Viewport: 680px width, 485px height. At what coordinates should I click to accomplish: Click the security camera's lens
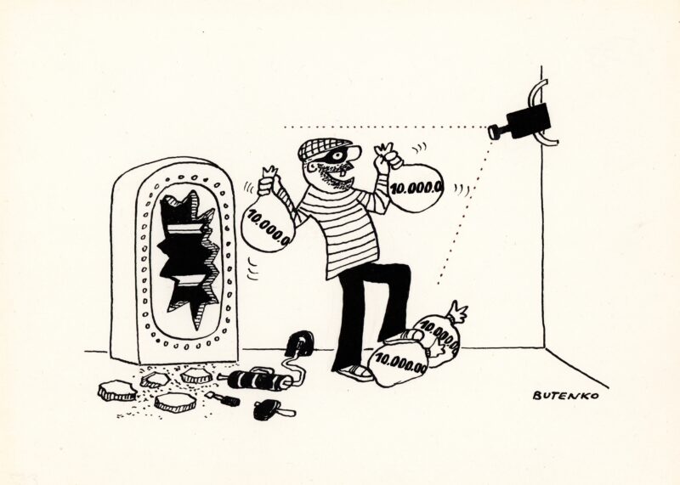(493, 132)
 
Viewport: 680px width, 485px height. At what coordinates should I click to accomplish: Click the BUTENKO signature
(565, 395)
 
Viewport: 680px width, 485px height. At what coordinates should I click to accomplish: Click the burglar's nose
(354, 153)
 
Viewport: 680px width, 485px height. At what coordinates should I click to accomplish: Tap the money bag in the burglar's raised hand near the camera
(416, 187)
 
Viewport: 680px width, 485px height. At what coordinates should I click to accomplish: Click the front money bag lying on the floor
(399, 362)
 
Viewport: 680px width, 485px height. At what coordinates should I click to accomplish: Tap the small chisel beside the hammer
(222, 398)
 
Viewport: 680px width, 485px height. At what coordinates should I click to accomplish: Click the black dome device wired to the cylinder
(300, 343)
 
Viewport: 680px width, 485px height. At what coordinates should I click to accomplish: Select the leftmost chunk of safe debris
(117, 390)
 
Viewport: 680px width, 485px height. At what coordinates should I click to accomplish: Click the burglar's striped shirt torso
(343, 229)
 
